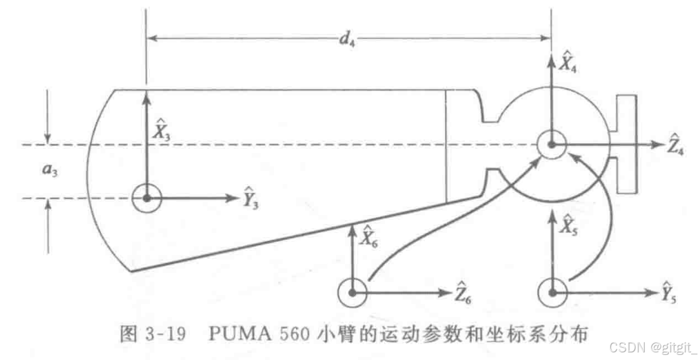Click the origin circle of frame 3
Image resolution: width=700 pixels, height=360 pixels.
tap(147, 198)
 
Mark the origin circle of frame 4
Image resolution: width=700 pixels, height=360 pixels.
tap(551, 145)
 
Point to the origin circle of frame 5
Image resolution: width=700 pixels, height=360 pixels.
tap(551, 293)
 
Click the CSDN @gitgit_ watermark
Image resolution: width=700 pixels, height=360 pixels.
tap(652, 347)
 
